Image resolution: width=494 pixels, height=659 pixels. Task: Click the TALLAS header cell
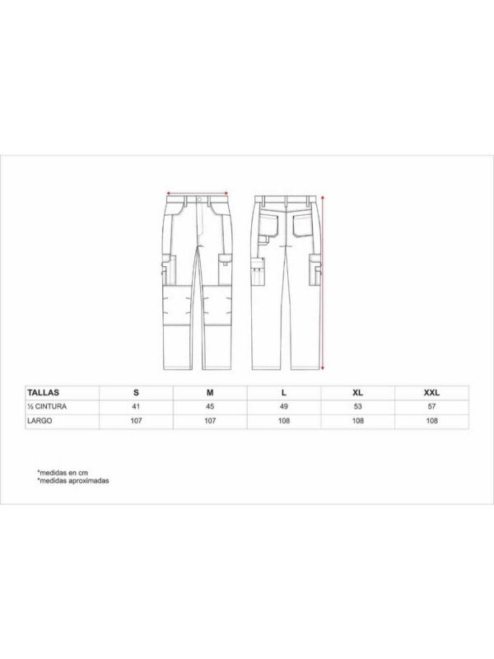pyautogui.click(x=42, y=393)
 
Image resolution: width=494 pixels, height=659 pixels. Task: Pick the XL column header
pyautogui.click(x=358, y=393)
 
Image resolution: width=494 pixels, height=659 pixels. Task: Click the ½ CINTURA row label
pyautogui.click(x=46, y=406)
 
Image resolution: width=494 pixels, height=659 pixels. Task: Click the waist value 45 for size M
pyautogui.click(x=209, y=406)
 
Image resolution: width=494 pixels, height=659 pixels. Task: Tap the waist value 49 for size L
pyautogui.click(x=284, y=406)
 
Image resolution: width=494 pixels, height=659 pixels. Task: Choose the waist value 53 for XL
pyautogui.click(x=358, y=406)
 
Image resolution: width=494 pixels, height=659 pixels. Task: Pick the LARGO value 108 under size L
pyautogui.click(x=284, y=421)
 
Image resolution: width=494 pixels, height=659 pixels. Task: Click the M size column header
pyautogui.click(x=209, y=393)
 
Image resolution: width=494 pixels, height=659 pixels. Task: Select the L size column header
pyautogui.click(x=284, y=393)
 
